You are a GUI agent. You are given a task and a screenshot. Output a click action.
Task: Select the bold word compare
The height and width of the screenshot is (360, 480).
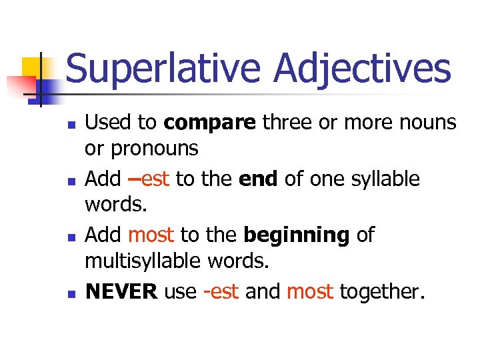point(209,123)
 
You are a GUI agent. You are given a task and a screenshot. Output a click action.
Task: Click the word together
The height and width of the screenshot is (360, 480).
point(382,291)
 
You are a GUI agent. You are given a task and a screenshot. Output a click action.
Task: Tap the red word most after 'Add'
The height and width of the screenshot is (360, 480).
point(151,235)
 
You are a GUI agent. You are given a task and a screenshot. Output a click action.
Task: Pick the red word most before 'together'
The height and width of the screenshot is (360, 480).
point(310,291)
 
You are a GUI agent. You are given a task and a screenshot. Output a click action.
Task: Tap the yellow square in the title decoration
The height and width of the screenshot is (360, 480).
point(33,67)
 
